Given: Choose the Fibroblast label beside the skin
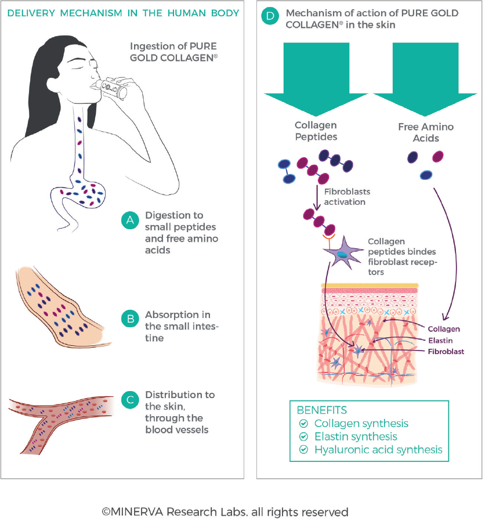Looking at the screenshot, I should pos(446,351).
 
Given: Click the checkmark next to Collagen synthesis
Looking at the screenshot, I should pos(302,424).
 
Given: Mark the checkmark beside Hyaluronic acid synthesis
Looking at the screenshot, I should pos(302,450).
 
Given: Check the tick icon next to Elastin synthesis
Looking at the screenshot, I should pos(302,436).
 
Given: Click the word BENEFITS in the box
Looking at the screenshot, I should pos(323,410).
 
